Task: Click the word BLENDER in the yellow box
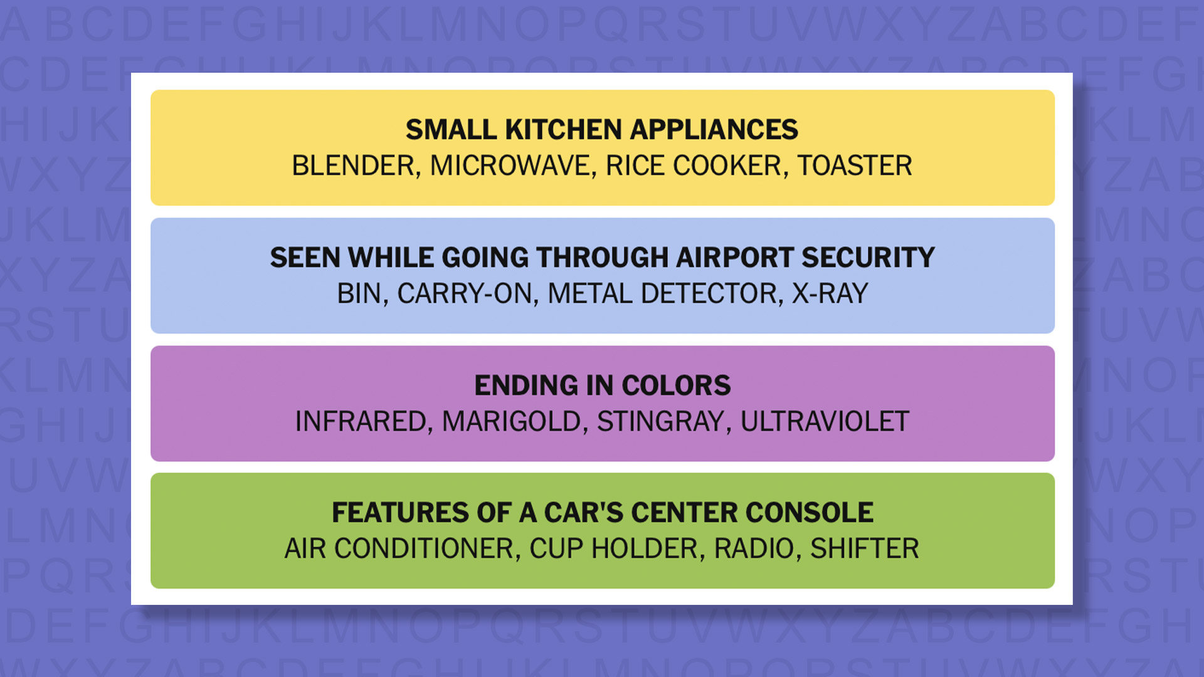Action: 353,165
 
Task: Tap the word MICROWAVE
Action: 510,165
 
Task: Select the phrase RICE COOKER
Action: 694,165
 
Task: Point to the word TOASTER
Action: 855,165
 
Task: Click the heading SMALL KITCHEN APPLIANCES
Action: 602,130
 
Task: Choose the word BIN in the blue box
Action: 359,293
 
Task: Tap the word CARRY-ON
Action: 465,293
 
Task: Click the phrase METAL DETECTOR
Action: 662,293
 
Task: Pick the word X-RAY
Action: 830,293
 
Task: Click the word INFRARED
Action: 361,421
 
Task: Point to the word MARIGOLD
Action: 512,421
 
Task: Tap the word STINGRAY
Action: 661,421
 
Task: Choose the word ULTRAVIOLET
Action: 825,421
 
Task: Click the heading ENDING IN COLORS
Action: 602,386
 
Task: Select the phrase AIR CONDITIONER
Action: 399,548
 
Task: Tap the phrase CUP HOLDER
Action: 613,548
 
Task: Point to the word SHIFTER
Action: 865,548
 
